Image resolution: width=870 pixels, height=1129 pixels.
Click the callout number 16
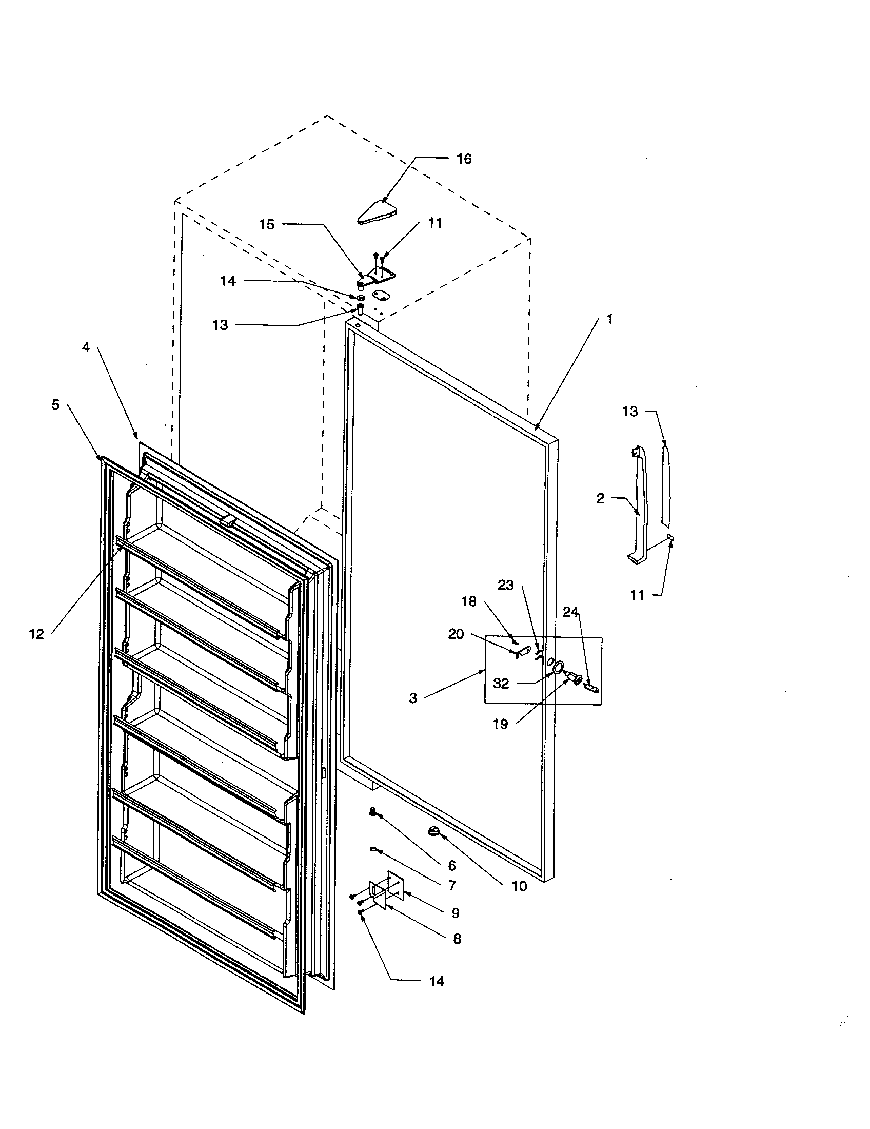click(x=464, y=159)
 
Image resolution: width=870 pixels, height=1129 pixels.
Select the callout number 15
click(x=267, y=224)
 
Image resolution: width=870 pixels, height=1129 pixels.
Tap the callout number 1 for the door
click(x=609, y=320)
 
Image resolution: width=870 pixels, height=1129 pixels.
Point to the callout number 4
click(x=86, y=347)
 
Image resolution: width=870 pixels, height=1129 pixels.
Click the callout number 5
click(x=55, y=405)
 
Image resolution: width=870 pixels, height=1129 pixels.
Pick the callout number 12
click(x=36, y=634)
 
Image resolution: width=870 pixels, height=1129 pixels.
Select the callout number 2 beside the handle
click(x=600, y=499)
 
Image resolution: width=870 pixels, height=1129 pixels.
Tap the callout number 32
click(x=501, y=684)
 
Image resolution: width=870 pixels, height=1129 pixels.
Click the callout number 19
click(x=500, y=724)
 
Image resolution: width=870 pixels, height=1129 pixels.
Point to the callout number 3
click(x=413, y=698)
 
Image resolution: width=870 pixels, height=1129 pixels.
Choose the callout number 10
click(x=519, y=886)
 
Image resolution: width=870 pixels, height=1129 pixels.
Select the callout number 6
click(x=451, y=865)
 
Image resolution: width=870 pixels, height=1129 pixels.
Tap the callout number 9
click(x=455, y=913)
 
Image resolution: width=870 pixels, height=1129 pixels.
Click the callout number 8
click(x=457, y=939)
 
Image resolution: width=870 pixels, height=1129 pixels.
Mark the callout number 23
click(x=506, y=585)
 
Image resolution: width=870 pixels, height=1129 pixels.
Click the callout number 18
click(x=468, y=601)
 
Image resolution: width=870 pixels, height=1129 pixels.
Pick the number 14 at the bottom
click(x=437, y=981)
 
